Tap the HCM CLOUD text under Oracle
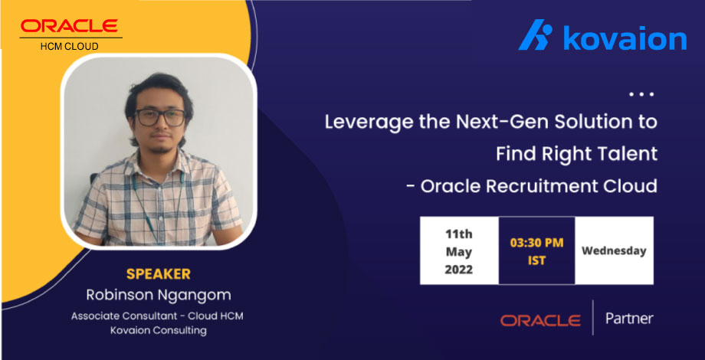pyautogui.click(x=69, y=46)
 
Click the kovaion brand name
pyautogui.click(x=625, y=38)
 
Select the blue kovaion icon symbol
pyautogui.click(x=535, y=37)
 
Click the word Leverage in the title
pyautogui.click(x=365, y=122)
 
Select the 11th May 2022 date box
pyautogui.click(x=458, y=250)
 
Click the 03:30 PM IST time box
pyautogui.click(x=536, y=250)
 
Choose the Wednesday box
pyautogui.click(x=614, y=250)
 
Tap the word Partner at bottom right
pyautogui.click(x=629, y=319)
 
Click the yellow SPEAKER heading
pyautogui.click(x=159, y=273)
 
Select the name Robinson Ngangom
pyautogui.click(x=159, y=294)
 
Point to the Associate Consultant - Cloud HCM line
pyautogui.click(x=159, y=316)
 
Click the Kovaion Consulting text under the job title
pyautogui.click(x=159, y=330)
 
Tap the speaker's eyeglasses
pyautogui.click(x=160, y=117)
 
